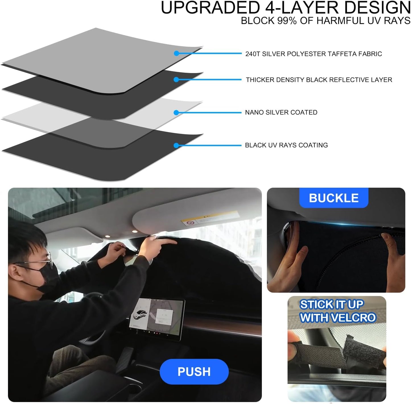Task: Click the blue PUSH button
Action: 194,371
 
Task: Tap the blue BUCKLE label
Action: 334,198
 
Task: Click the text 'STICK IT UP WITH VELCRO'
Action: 338,311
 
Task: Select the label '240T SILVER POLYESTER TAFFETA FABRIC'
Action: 313,54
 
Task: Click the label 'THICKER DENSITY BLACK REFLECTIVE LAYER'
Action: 319,80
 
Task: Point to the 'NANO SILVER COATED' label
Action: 281,113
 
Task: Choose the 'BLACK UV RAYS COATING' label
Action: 286,145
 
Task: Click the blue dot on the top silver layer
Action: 176,53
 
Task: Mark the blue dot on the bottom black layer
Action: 176,145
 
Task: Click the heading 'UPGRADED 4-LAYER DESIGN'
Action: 286,8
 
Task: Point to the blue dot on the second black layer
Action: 176,80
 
